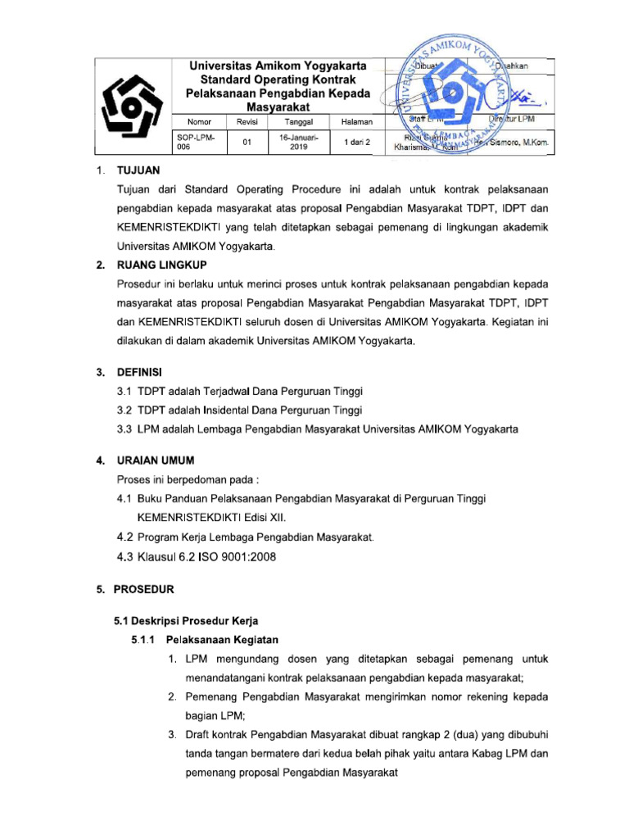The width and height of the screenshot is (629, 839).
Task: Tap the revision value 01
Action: click(247, 142)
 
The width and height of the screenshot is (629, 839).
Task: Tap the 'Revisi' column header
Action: click(247, 121)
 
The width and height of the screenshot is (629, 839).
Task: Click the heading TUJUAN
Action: click(139, 171)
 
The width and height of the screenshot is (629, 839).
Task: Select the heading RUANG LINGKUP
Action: click(162, 265)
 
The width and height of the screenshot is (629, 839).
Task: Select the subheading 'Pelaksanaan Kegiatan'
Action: click(223, 638)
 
